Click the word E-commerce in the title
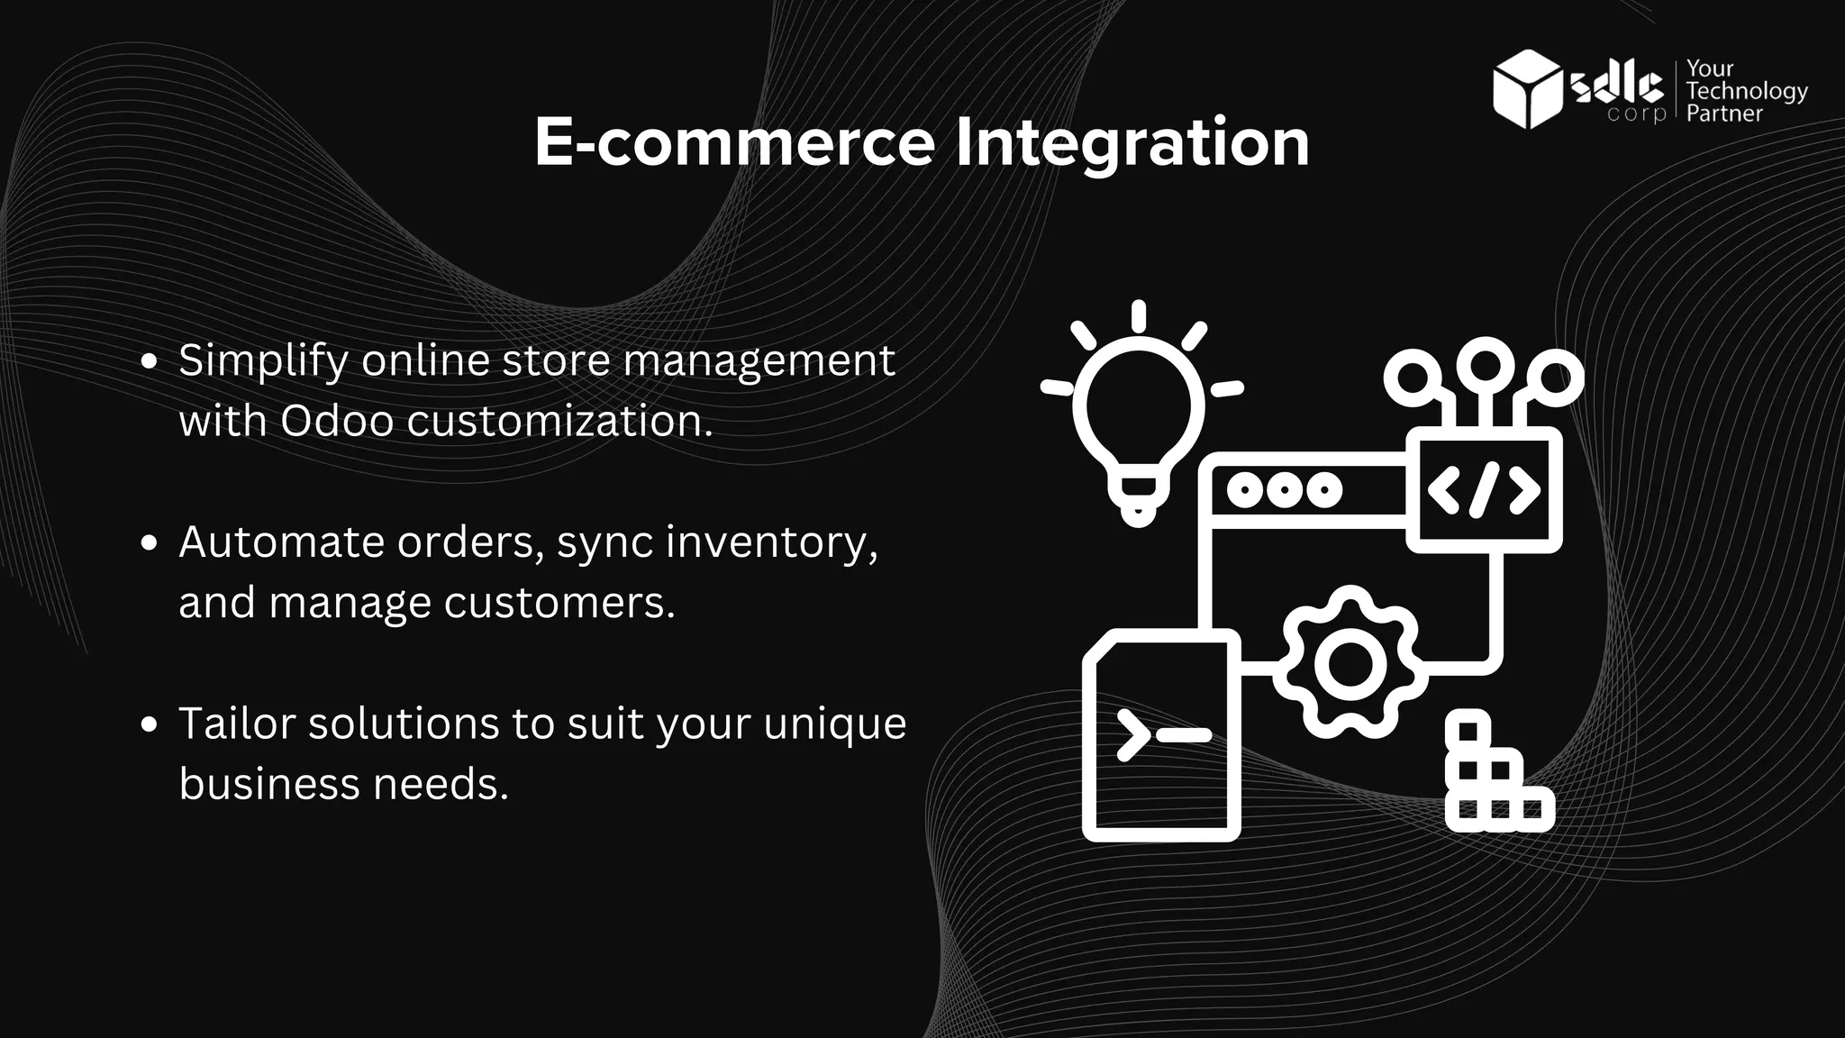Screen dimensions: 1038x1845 tap(734, 142)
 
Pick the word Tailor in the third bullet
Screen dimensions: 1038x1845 tap(237, 723)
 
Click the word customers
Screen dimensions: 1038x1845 tap(559, 602)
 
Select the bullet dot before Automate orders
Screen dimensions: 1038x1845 tap(150, 543)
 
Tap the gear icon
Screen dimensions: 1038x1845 tap(1350, 665)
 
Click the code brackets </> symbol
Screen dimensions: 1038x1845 tap(1484, 490)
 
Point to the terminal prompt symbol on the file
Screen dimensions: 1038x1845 tap(1162, 734)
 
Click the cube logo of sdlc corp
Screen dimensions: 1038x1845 tap(1526, 89)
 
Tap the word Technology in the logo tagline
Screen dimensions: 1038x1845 tap(1746, 91)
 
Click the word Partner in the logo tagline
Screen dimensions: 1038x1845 tap(1723, 114)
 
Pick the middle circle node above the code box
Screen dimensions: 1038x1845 tap(1485, 364)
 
